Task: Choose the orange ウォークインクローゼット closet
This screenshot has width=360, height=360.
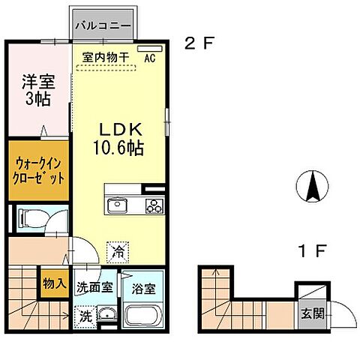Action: tap(37, 169)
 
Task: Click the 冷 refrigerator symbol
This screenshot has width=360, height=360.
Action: tap(118, 253)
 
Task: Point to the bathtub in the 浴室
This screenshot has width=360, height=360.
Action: tap(142, 314)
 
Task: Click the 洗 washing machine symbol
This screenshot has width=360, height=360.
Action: tap(85, 316)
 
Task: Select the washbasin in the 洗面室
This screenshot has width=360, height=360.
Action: tap(106, 315)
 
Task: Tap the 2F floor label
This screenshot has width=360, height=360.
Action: tap(199, 43)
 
